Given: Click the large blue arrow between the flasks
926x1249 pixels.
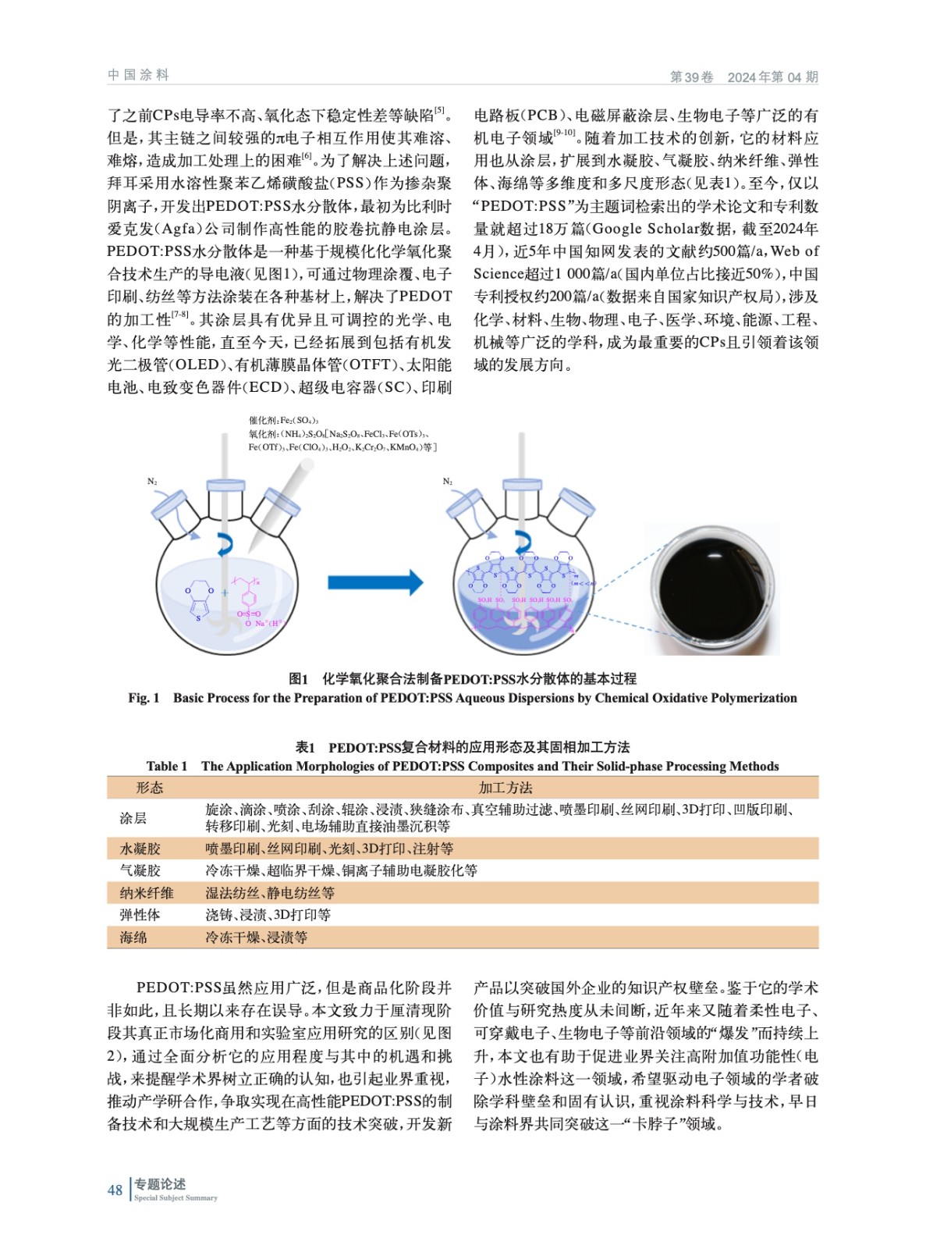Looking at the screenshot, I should [x=374, y=582].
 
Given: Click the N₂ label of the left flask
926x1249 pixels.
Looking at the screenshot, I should [x=152, y=482].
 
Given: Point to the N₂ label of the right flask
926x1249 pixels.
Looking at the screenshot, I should [x=448, y=482].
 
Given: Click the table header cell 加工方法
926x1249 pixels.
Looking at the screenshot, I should [x=506, y=788].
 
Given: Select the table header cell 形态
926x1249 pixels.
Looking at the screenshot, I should [x=150, y=788].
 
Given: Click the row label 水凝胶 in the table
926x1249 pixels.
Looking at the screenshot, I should [x=140, y=849].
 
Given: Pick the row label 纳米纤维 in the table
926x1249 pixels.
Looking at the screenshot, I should [x=147, y=893].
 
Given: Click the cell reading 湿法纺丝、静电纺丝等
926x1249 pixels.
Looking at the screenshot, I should [x=270, y=893].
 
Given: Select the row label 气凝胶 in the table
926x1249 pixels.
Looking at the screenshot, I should [x=140, y=870].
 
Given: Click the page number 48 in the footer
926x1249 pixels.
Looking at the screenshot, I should [x=115, y=1190].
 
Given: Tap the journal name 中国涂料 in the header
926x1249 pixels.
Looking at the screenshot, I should [x=139, y=75].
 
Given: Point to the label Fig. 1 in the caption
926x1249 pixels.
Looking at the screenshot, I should [x=144, y=698].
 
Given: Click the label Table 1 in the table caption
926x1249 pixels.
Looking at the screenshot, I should [x=167, y=766].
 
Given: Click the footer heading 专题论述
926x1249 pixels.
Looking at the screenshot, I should [x=160, y=1184].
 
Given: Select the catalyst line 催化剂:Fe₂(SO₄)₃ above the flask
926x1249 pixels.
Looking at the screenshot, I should [x=283, y=421].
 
